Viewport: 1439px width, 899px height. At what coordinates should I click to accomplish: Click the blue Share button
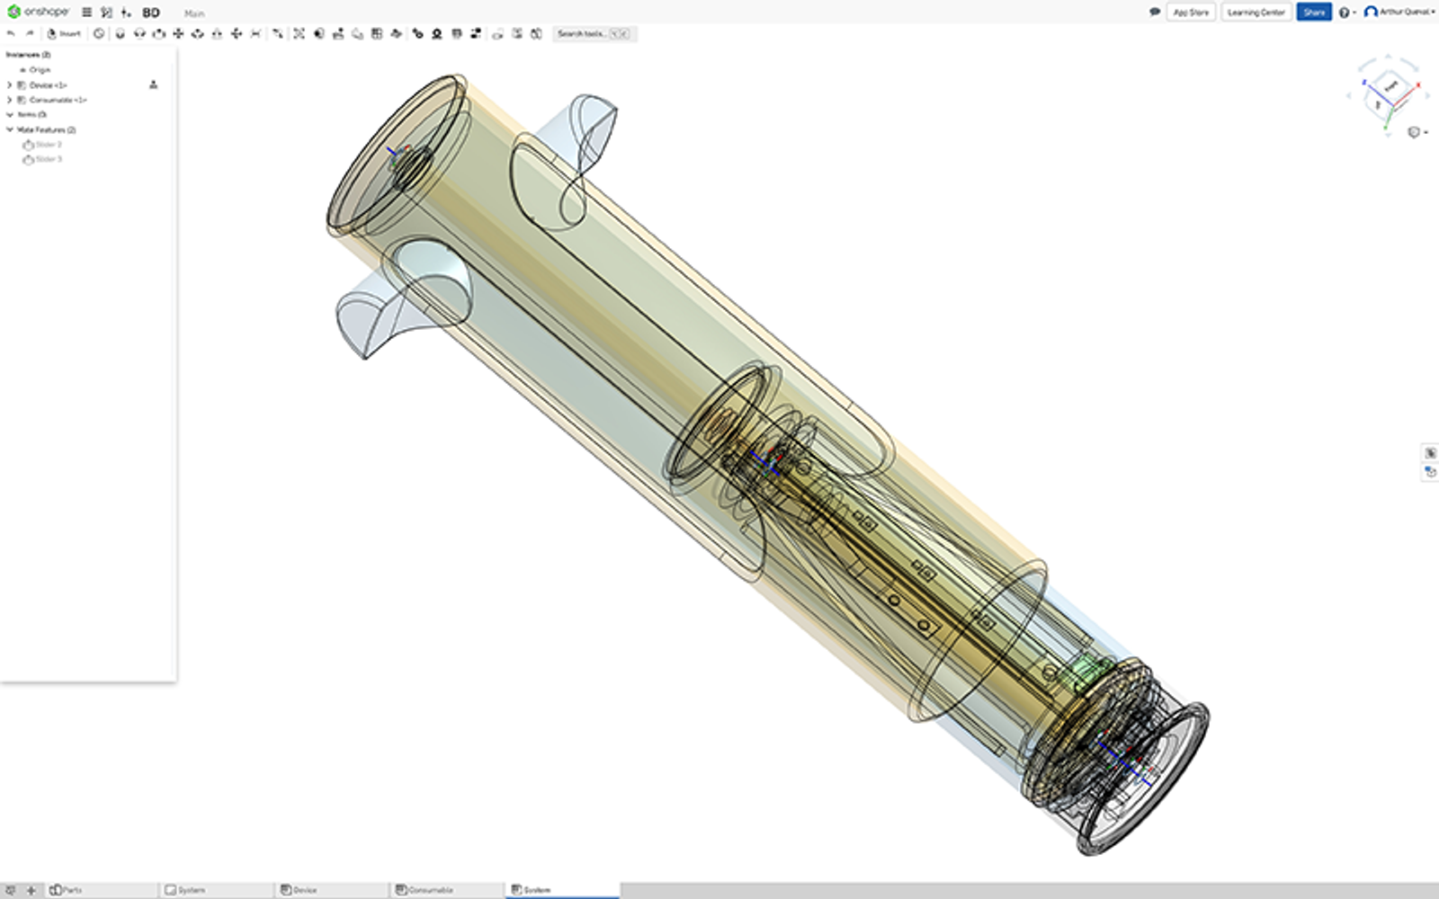[x=1313, y=13]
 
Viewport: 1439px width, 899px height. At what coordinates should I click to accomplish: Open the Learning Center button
[x=1256, y=13]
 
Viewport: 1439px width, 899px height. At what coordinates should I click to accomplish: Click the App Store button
[x=1191, y=13]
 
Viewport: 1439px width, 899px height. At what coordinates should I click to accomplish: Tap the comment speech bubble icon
[x=1155, y=13]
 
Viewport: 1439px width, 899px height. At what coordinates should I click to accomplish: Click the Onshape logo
[x=38, y=12]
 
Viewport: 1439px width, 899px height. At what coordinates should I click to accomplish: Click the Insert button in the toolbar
[x=65, y=34]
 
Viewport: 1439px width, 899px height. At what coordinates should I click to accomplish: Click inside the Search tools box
[x=581, y=34]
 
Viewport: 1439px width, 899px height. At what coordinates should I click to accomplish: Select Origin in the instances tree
[x=40, y=69]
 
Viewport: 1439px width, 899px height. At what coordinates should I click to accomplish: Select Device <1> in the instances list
[x=48, y=85]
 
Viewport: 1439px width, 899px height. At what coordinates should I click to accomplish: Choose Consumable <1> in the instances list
[x=58, y=100]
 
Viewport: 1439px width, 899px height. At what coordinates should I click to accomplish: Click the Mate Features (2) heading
[x=46, y=129]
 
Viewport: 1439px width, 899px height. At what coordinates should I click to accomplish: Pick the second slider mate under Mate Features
[x=48, y=159]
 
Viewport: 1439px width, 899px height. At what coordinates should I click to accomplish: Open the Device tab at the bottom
[x=304, y=890]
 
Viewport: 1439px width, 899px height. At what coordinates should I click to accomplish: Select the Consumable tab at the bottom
[x=430, y=890]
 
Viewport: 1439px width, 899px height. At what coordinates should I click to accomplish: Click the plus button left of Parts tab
[x=31, y=890]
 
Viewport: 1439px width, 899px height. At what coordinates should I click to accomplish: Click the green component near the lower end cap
[x=1086, y=672]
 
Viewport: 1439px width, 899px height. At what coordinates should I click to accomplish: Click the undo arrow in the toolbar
[x=11, y=34]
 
